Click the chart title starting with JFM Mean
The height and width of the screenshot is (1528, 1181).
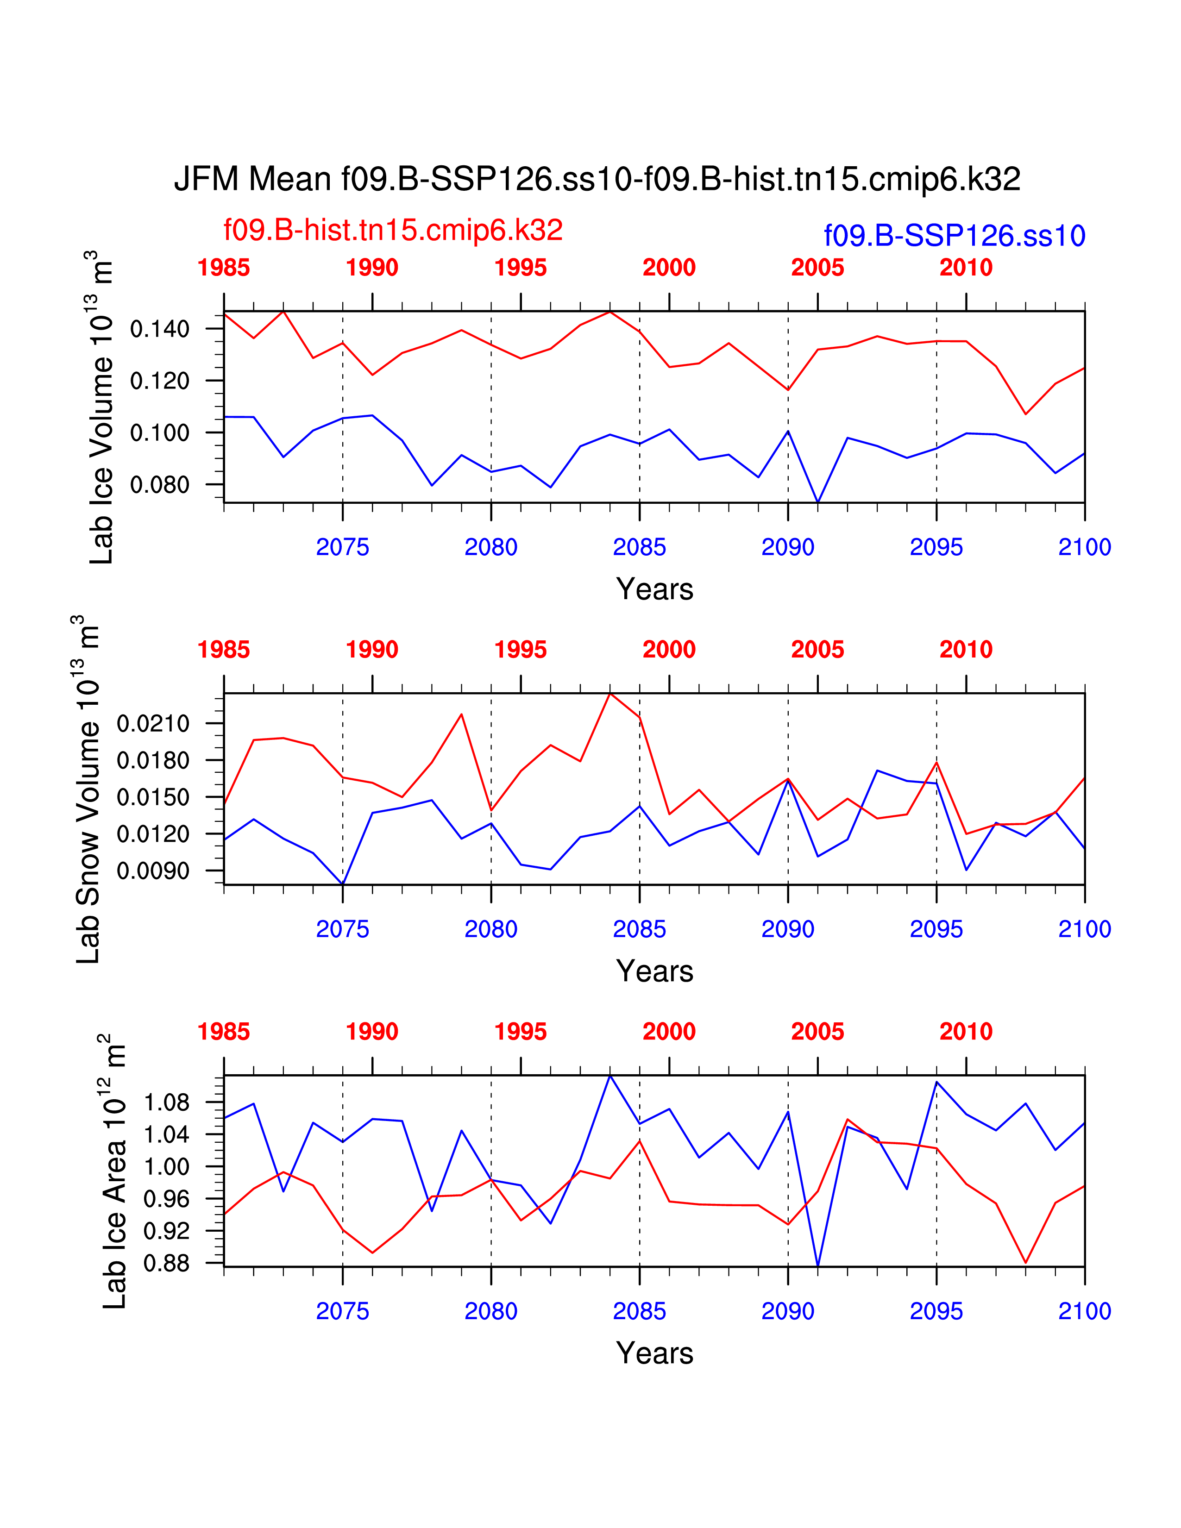pyautogui.click(x=597, y=179)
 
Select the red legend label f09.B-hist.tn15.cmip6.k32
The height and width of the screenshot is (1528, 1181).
pyautogui.click(x=392, y=230)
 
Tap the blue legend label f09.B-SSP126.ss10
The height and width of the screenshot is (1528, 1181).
pyautogui.click(x=955, y=236)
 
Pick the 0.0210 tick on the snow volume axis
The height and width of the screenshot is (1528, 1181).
pyautogui.click(x=153, y=723)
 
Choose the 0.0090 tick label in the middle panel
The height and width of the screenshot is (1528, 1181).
pyautogui.click(x=153, y=871)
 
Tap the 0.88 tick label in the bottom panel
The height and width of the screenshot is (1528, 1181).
pyautogui.click(x=167, y=1264)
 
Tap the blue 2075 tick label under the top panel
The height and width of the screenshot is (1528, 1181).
pyautogui.click(x=342, y=547)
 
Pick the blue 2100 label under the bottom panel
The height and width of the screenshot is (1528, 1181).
pyautogui.click(x=1085, y=1311)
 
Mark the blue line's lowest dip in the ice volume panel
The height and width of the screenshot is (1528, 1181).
pyautogui.click(x=818, y=501)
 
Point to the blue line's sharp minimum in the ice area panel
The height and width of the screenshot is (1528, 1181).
pyautogui.click(x=818, y=1265)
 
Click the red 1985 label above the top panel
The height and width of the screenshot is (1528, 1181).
pyautogui.click(x=223, y=268)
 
